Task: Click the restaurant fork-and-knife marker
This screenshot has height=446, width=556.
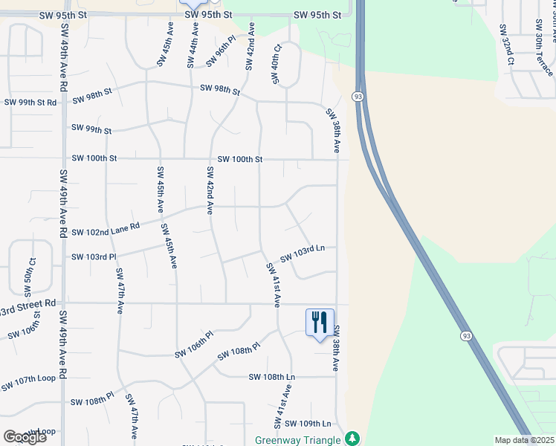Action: pos(320,323)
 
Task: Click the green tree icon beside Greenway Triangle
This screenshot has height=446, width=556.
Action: pos(354,439)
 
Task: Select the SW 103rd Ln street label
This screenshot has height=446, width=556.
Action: pos(303,253)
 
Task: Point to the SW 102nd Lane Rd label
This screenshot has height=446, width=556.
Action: pos(106,229)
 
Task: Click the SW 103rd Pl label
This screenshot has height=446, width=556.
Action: pos(94,257)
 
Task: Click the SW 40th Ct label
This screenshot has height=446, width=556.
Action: pos(277,64)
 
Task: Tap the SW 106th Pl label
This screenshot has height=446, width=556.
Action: pos(194,343)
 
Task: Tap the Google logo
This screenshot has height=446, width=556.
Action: pos(25,437)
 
